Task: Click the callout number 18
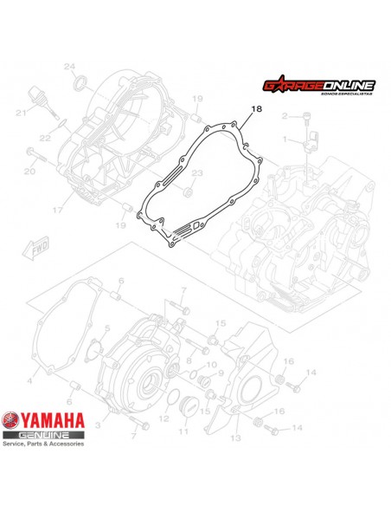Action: [x=254, y=109]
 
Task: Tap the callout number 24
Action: [x=71, y=68]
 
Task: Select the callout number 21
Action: [x=18, y=113]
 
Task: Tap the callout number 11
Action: [x=183, y=430]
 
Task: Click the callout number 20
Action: [x=29, y=172]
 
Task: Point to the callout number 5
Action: [x=107, y=328]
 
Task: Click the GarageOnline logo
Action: [x=318, y=86]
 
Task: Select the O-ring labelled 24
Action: [x=81, y=83]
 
